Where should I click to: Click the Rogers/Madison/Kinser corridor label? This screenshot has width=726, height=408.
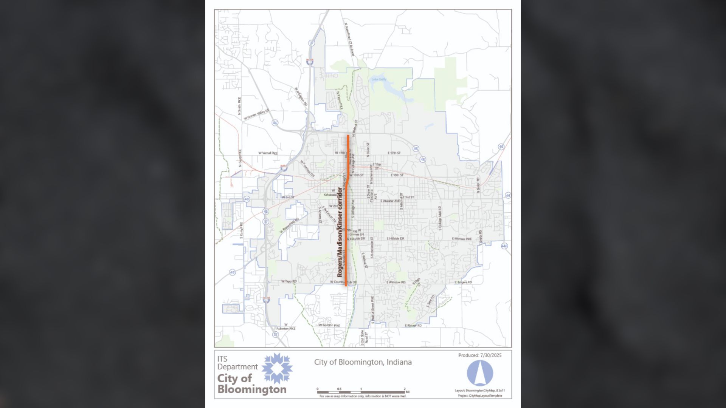(x=340, y=232)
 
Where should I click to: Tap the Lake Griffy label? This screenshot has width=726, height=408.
(x=379, y=79)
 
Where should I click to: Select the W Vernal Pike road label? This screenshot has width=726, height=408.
(x=268, y=153)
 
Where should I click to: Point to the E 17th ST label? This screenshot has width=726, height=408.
(x=394, y=153)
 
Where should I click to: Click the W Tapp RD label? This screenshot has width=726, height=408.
(x=289, y=281)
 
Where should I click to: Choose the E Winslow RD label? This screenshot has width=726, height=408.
(x=396, y=282)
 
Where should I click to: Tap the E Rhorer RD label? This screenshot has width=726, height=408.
(x=413, y=326)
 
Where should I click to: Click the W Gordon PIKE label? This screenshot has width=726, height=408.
(x=329, y=325)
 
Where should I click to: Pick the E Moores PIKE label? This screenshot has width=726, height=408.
(x=462, y=239)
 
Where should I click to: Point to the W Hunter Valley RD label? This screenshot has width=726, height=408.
(x=256, y=115)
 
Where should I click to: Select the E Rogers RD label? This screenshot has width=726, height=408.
(x=463, y=282)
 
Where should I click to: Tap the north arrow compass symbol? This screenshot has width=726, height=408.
(x=480, y=373)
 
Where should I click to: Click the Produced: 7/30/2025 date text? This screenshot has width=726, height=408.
(x=480, y=355)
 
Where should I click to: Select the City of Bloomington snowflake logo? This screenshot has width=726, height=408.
(x=277, y=368)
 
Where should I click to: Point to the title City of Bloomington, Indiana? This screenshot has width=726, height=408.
(x=363, y=362)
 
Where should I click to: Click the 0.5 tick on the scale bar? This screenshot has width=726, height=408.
(x=339, y=389)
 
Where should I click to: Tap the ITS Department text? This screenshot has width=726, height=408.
(x=237, y=363)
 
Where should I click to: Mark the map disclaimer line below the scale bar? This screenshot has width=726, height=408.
(x=363, y=396)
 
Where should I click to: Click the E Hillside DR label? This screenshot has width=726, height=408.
(x=395, y=239)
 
